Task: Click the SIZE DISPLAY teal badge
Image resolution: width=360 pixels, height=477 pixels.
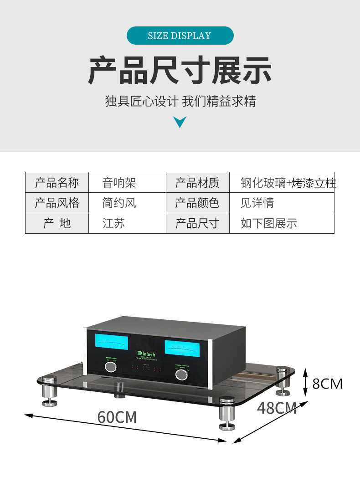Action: (180, 36)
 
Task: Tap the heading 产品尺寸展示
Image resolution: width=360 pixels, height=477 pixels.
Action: (180, 70)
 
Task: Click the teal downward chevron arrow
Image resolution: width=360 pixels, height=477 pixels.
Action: (180, 122)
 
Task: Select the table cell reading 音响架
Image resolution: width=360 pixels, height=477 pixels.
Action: (119, 183)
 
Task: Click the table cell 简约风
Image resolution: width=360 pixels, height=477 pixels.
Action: (119, 203)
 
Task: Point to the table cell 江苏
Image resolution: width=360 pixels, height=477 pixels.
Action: (113, 223)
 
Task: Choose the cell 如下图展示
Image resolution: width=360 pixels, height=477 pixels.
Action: (269, 223)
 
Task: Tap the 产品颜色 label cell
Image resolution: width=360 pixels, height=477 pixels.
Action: (197, 203)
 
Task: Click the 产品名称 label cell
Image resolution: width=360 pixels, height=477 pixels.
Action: (57, 183)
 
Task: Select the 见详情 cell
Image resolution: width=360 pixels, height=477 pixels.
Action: (257, 203)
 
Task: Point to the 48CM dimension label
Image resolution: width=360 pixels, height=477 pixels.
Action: (277, 408)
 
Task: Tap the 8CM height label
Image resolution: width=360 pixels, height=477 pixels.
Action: (327, 384)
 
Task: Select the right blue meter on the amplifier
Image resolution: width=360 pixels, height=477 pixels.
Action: (181, 349)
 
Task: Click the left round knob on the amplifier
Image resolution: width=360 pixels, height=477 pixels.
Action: (110, 367)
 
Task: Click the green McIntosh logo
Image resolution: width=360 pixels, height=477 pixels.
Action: (146, 353)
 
